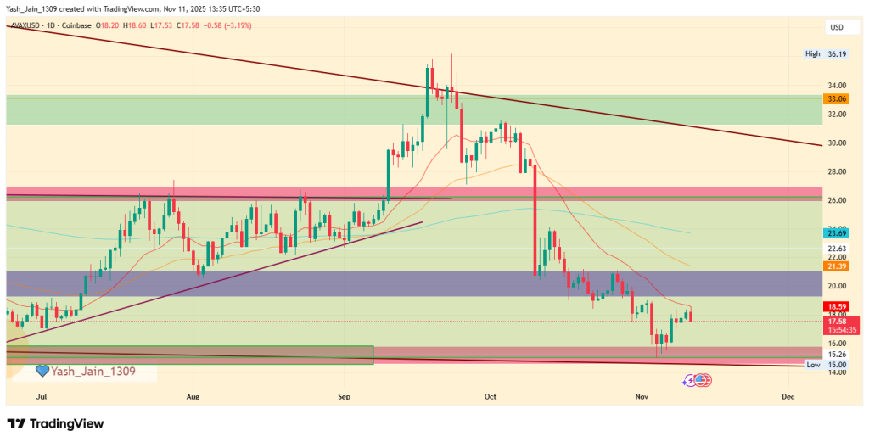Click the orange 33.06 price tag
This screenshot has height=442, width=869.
[836, 98]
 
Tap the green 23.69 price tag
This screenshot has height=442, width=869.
[836, 232]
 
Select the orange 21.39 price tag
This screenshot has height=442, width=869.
[836, 266]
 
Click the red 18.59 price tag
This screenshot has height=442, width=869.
[836, 305]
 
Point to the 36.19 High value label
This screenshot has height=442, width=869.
[837, 54]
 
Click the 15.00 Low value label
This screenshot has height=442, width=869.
[837, 365]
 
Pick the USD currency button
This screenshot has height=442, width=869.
[837, 27]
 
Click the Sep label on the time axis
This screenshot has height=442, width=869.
[344, 396]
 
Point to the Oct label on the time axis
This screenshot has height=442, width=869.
[490, 396]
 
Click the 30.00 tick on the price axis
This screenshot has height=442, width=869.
[836, 143]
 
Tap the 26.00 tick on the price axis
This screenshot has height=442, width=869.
[836, 200]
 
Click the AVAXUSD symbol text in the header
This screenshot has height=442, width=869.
[26, 26]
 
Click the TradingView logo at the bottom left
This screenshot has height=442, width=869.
[55, 423]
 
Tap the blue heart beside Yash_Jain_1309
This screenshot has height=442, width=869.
[42, 372]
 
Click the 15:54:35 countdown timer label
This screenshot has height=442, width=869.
[836, 329]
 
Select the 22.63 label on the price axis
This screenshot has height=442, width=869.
[836, 249]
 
